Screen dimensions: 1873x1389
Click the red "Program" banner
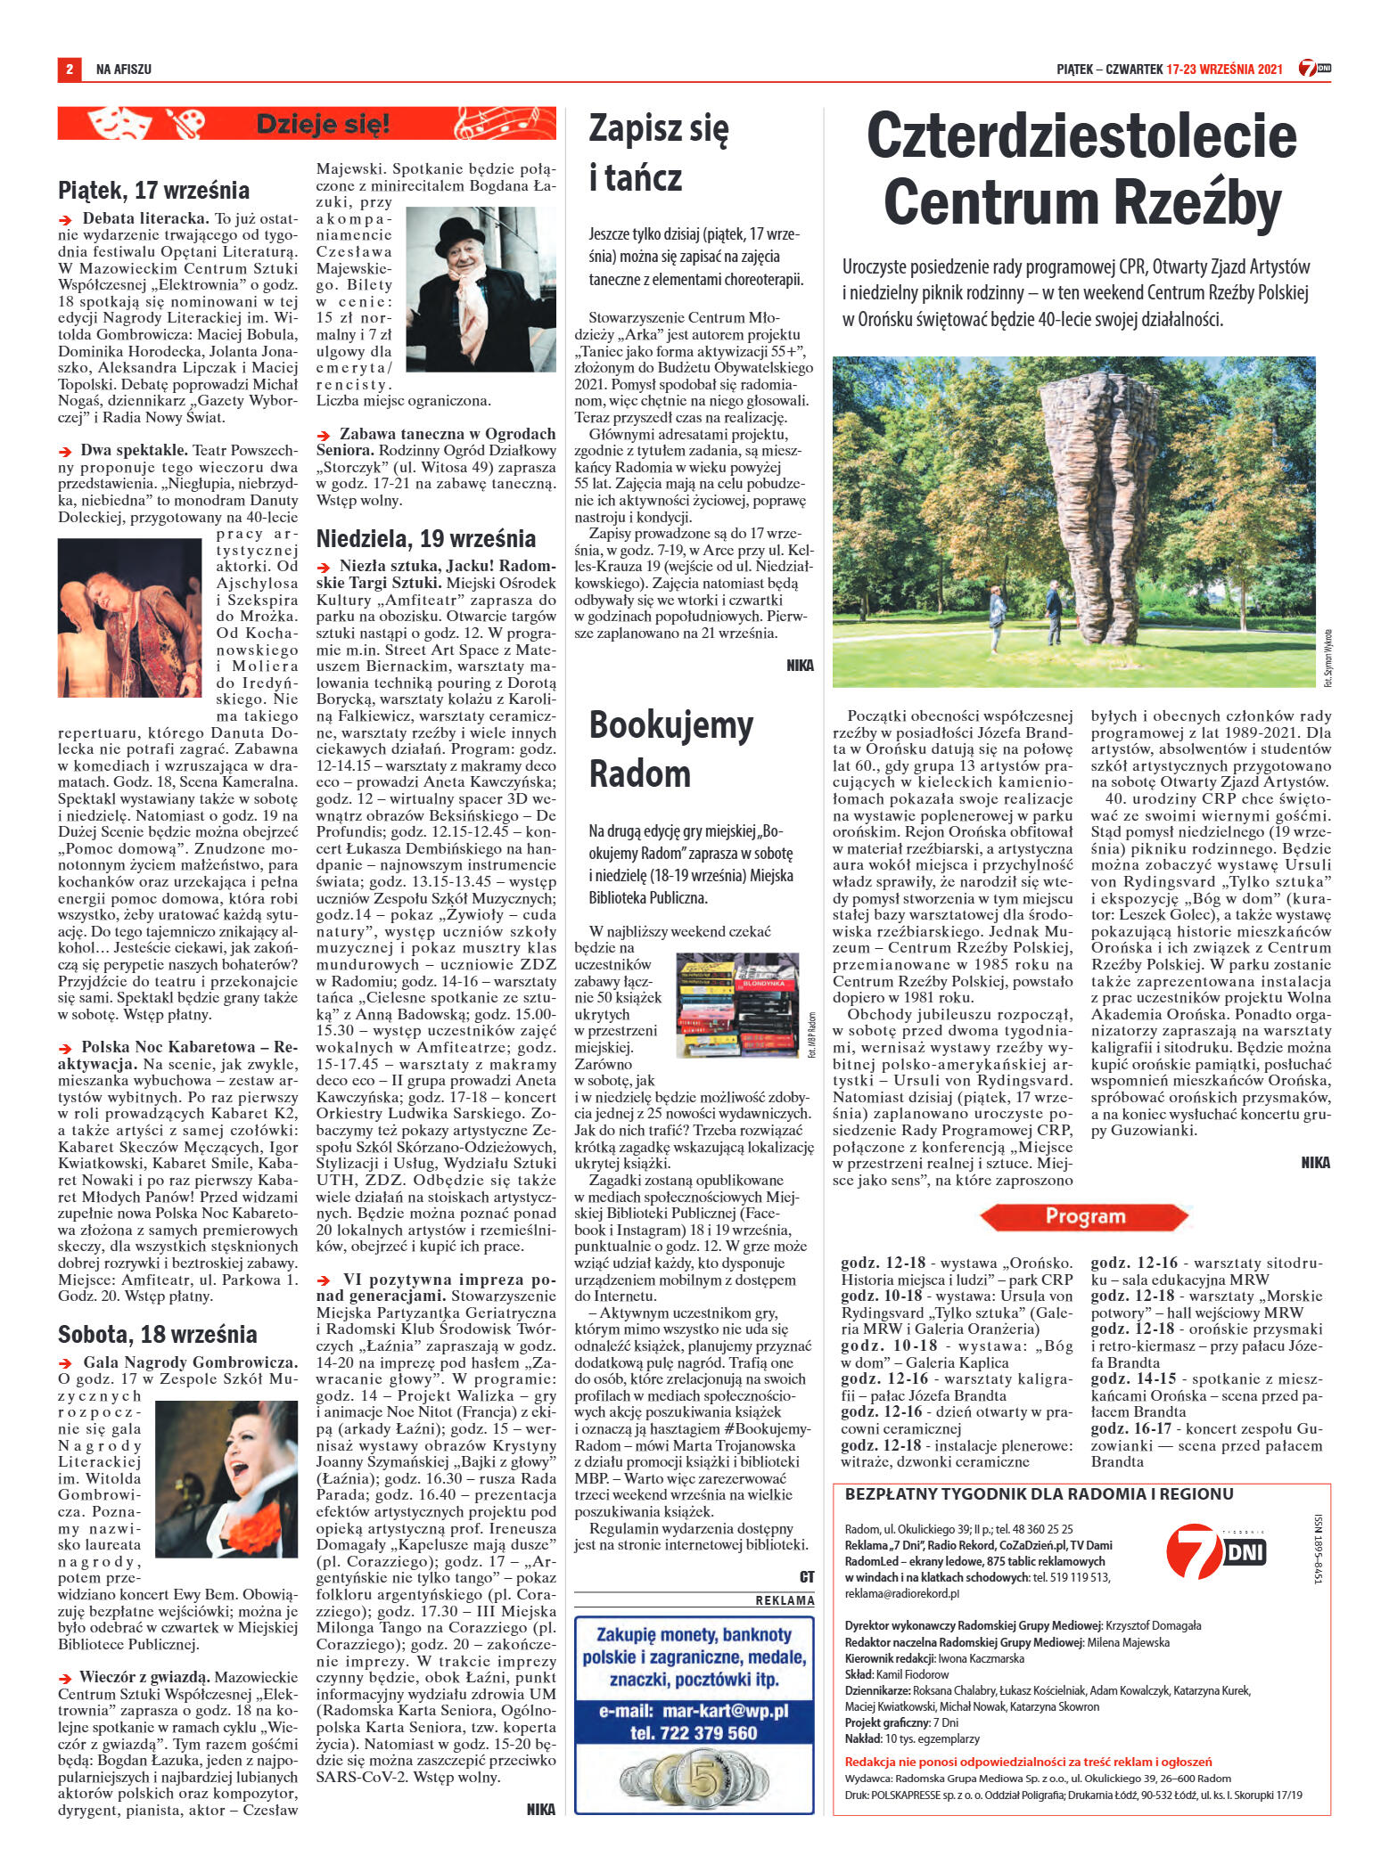click(1084, 1216)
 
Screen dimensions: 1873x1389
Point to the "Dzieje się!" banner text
click(323, 124)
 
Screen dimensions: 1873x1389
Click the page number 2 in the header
click(69, 69)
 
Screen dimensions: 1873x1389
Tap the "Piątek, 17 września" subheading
click(153, 190)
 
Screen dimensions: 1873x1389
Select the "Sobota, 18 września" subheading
click(157, 1334)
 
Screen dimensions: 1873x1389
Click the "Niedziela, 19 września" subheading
click(426, 538)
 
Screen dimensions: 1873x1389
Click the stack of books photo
click(736, 1005)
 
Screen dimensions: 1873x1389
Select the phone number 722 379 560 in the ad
click(694, 1732)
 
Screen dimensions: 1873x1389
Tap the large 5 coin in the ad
click(695, 1774)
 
